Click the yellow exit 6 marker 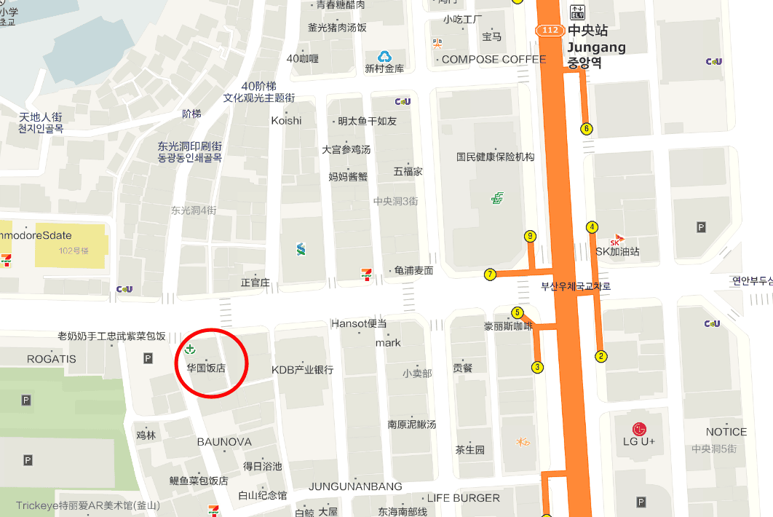tap(587, 130)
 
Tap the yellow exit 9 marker tap(530, 236)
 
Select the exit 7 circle tap(491, 275)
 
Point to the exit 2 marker tap(601, 356)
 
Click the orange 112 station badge tap(550, 30)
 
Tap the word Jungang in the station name tap(596, 48)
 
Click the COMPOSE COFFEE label tap(493, 59)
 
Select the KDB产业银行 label tap(302, 370)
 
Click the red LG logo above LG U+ tap(639, 428)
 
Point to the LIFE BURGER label tap(463, 498)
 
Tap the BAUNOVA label tap(224, 442)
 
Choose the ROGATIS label tap(51, 359)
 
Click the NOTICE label tap(726, 432)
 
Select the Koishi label tap(286, 120)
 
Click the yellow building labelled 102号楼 tap(71, 245)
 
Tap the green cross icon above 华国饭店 tap(190, 350)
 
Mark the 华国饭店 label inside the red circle tap(206, 368)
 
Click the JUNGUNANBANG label tap(355, 486)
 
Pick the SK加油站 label tap(617, 252)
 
